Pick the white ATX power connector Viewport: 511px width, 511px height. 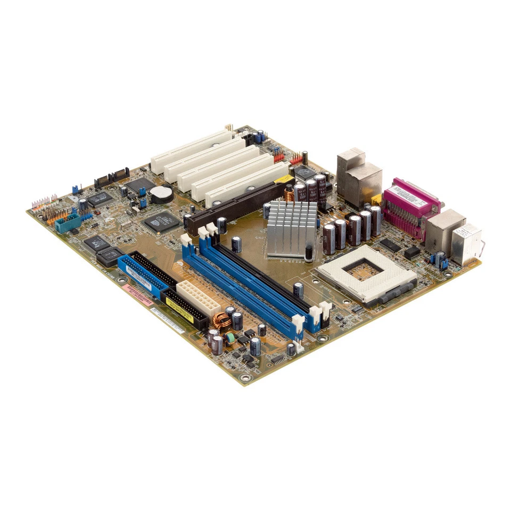coord(197,299)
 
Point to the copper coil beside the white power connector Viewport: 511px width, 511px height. coord(219,321)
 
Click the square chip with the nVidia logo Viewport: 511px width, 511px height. coord(161,220)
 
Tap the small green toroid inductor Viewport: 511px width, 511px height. coord(230,337)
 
